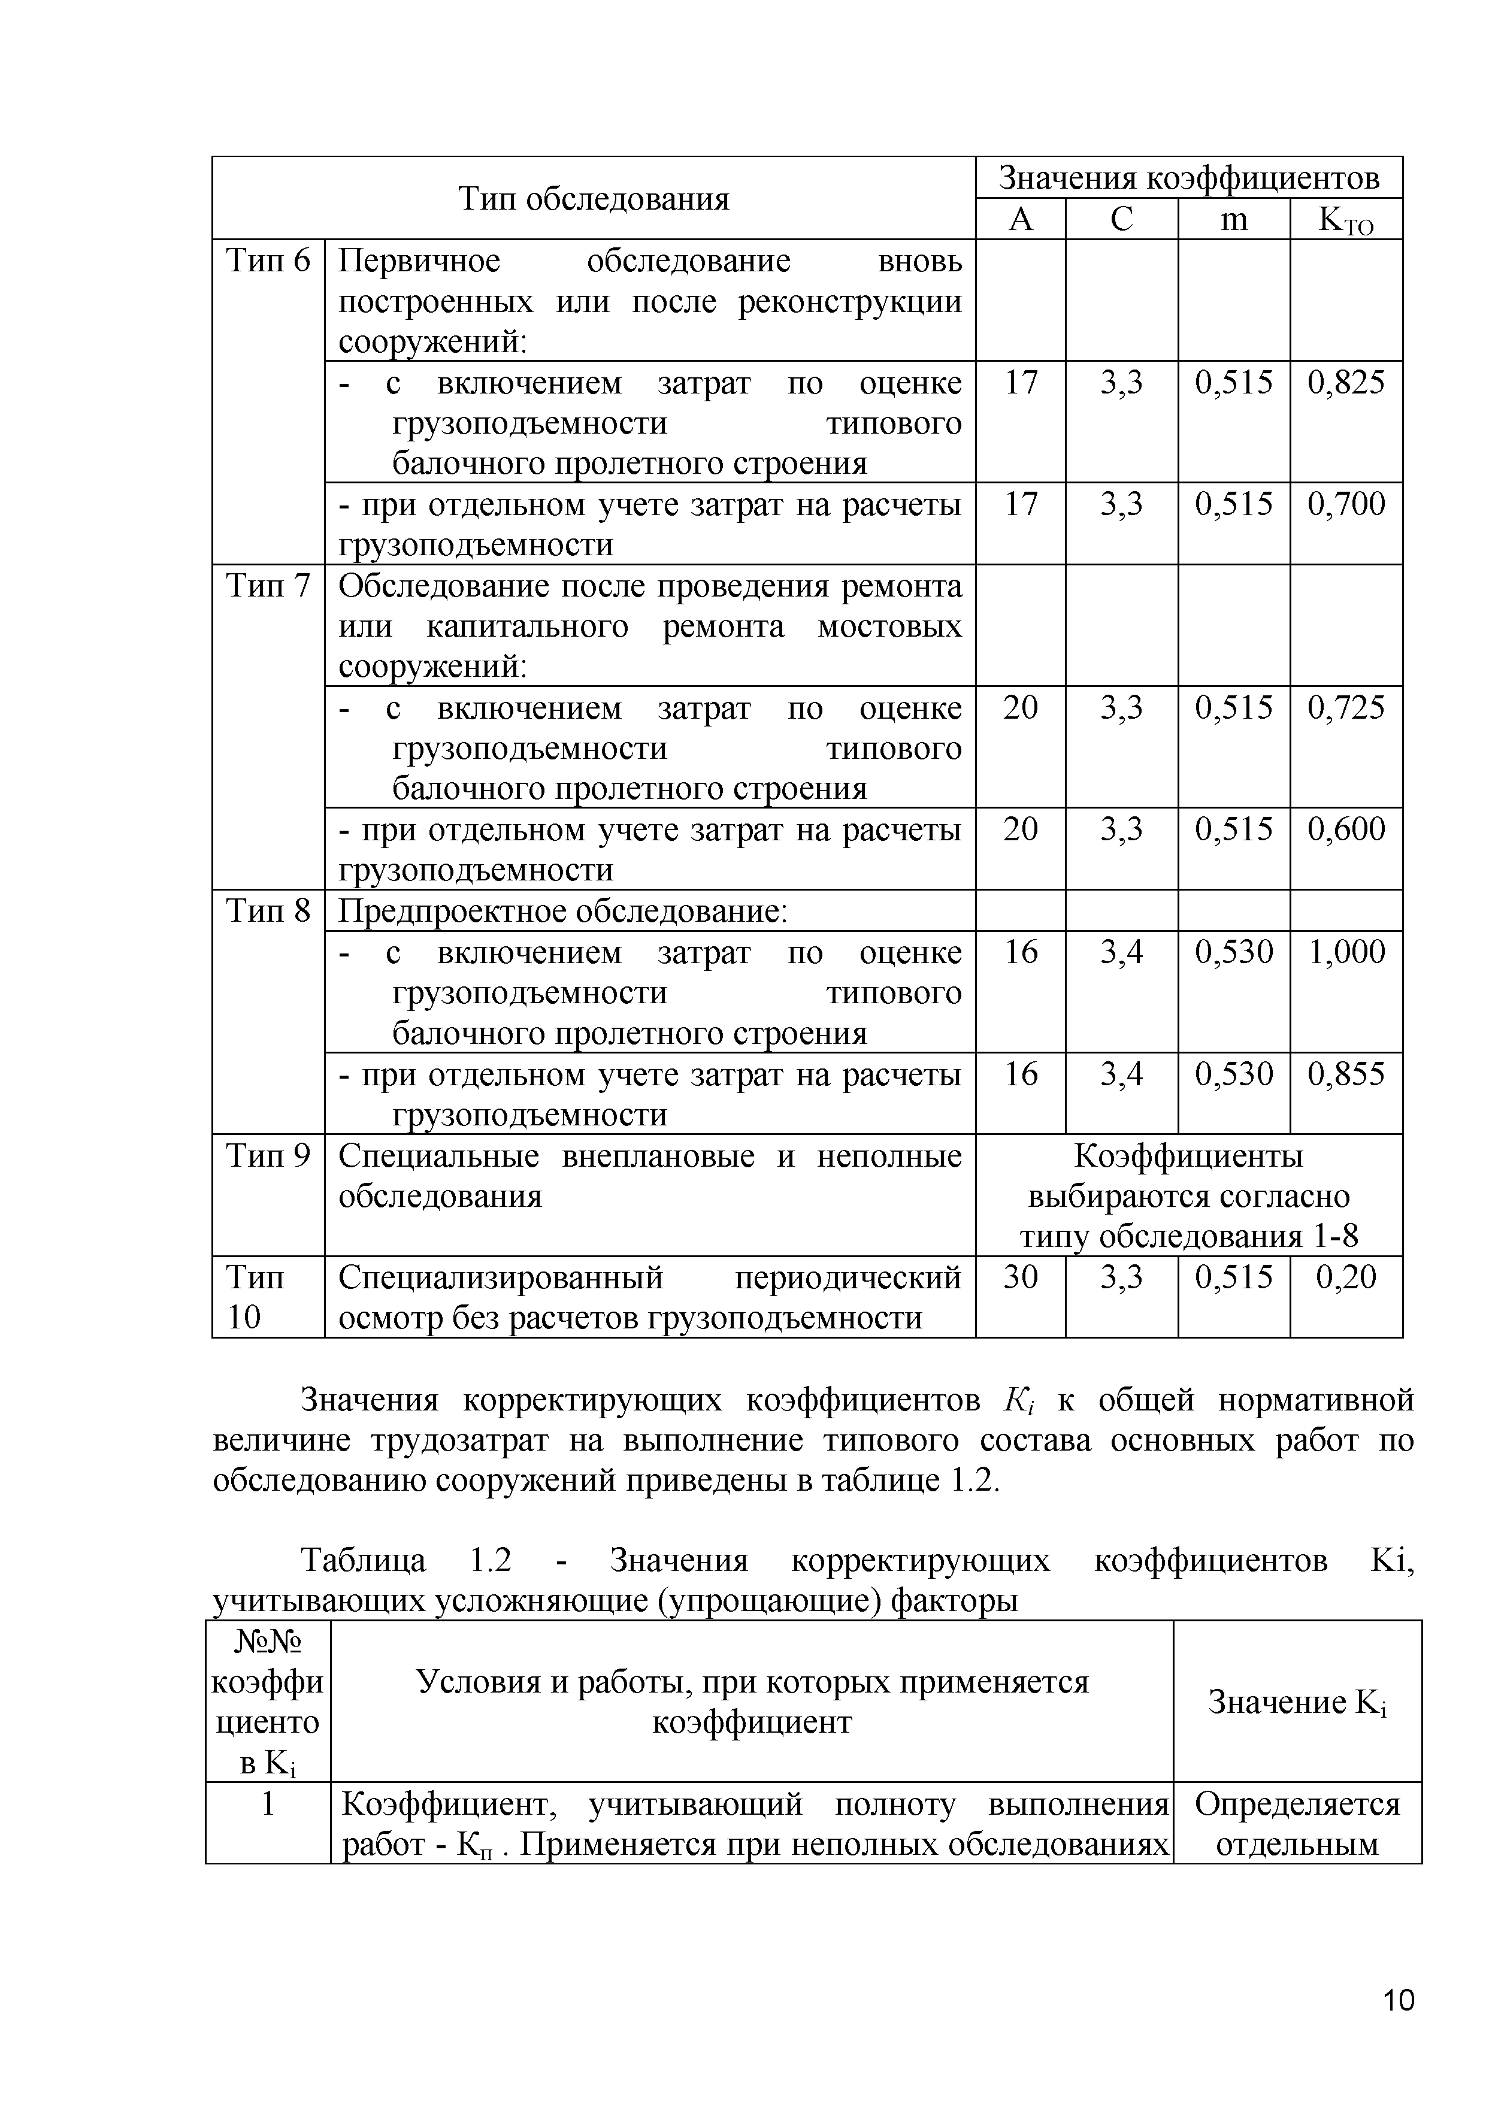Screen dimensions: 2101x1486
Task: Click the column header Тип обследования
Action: pyautogui.click(x=593, y=199)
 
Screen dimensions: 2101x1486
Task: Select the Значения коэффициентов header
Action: pyautogui.click(x=1188, y=177)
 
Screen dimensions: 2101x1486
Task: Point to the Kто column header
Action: pyautogui.click(x=1345, y=220)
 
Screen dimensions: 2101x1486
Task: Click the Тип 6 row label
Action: pyautogui.click(x=268, y=262)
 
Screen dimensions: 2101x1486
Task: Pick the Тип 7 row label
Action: pyautogui.click(x=268, y=586)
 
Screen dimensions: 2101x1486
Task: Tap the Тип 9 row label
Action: pyautogui.click(x=268, y=1157)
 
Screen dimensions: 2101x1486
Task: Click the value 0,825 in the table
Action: pyautogui.click(x=1345, y=383)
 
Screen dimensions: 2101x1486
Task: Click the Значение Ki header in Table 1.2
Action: pyautogui.click(x=1297, y=1703)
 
